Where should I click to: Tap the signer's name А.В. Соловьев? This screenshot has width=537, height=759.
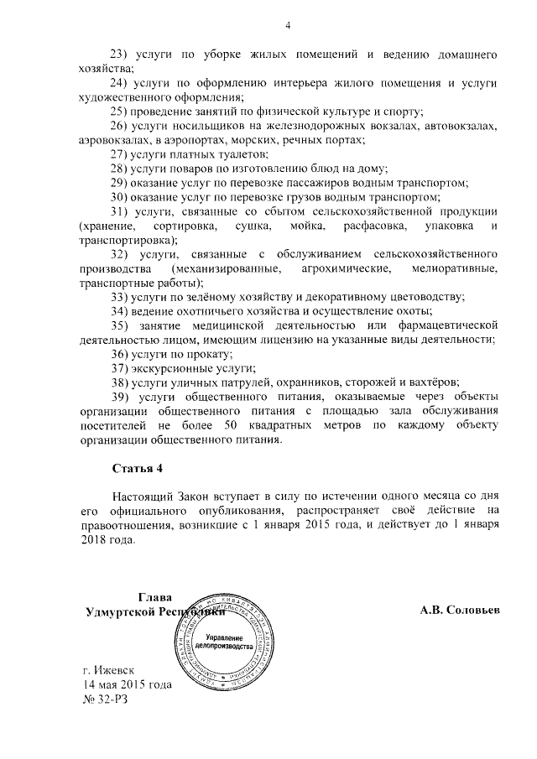pyautogui.click(x=460, y=611)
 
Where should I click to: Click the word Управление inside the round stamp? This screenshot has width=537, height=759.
pyautogui.click(x=224, y=639)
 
